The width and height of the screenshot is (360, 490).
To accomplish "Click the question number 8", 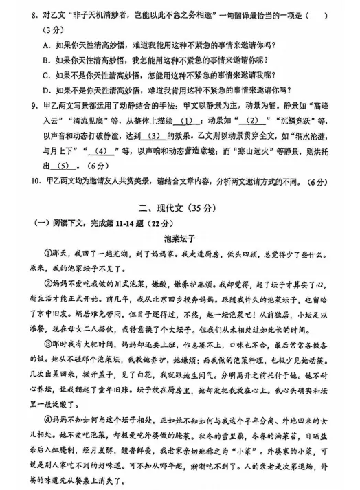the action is [25, 14].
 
